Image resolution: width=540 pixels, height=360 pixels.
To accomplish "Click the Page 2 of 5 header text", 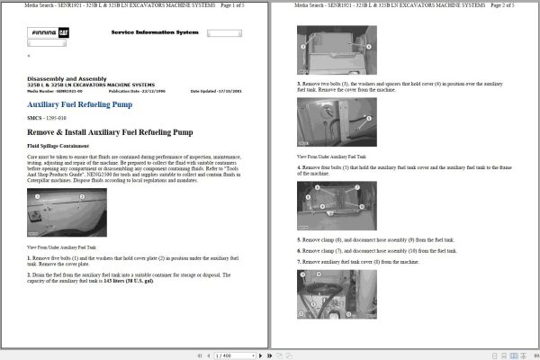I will [514, 5].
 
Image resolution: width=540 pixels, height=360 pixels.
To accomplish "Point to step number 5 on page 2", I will [299, 240].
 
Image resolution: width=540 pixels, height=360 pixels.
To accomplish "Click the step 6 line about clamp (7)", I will [376, 250].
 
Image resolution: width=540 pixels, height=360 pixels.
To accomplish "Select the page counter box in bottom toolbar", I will [225, 355].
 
